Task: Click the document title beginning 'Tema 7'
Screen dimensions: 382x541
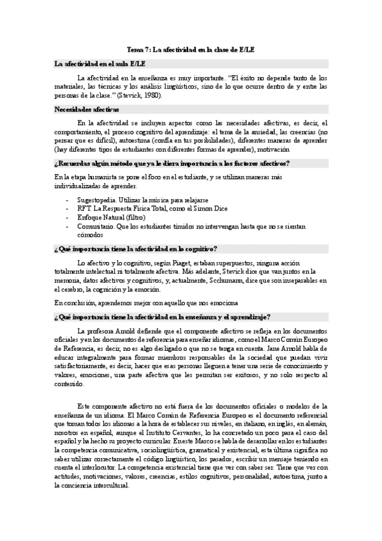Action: pyautogui.click(x=191, y=49)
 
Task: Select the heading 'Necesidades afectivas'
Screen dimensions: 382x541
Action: pyautogui.click(x=82, y=110)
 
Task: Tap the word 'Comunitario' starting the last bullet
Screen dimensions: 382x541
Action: pyautogui.click(x=96, y=226)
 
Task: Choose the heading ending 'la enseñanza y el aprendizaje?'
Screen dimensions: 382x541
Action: pyautogui.click(x=163, y=316)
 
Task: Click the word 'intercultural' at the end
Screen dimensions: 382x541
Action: pyautogui.click(x=109, y=484)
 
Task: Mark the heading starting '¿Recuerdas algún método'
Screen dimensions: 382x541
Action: pyautogui.click(x=172, y=163)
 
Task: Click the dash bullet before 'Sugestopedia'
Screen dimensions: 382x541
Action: pyautogui.click(x=68, y=200)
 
